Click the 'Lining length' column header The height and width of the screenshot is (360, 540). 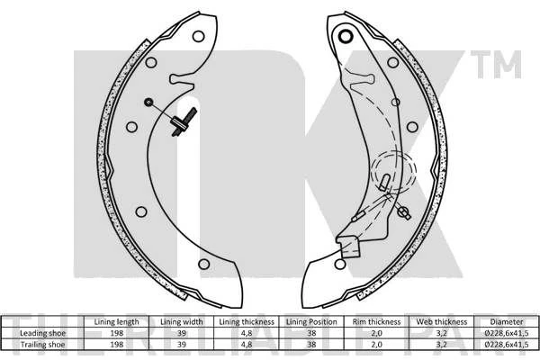click(x=116, y=322)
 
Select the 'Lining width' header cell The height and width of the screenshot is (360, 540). click(x=182, y=322)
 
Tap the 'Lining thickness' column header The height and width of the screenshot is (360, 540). click(x=247, y=322)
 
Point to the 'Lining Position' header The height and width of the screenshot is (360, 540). click(x=311, y=322)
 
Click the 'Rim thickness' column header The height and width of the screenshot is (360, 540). click(x=376, y=322)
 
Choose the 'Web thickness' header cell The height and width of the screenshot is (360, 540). click(x=442, y=322)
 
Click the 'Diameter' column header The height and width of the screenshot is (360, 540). click(x=507, y=322)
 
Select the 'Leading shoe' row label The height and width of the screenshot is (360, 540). click(x=42, y=333)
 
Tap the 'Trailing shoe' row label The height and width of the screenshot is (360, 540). click(x=42, y=344)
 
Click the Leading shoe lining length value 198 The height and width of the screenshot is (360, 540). click(x=116, y=333)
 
